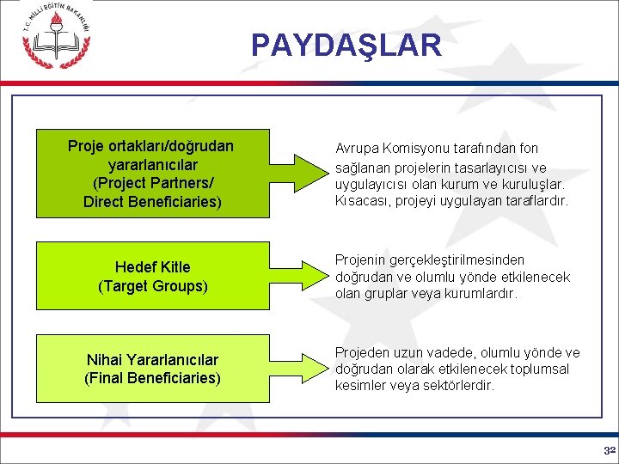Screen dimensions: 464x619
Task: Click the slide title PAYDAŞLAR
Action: [346, 45]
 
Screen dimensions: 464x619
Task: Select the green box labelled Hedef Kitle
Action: [153, 277]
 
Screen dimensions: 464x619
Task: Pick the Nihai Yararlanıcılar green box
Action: [153, 369]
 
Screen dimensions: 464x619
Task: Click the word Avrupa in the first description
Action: [356, 149]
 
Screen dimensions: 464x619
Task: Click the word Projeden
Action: [362, 352]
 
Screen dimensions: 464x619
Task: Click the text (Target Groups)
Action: [153, 286]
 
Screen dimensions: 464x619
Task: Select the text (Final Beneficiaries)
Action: [153, 378]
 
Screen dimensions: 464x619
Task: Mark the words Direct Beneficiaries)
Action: [153, 203]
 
